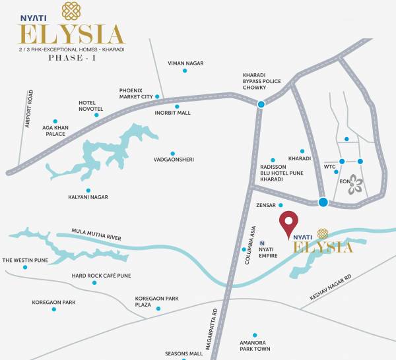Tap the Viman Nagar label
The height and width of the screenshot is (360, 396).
(x=185, y=63)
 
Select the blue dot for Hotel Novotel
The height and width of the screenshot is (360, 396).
(x=96, y=115)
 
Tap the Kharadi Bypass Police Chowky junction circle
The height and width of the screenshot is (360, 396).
(x=261, y=104)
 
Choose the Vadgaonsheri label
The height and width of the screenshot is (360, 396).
(x=173, y=160)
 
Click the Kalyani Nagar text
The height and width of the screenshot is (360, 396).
(x=88, y=197)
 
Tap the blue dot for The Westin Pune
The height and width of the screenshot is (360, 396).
(x=25, y=267)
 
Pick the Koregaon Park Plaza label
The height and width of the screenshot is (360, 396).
(x=157, y=302)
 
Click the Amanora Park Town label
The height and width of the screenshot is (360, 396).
(x=254, y=345)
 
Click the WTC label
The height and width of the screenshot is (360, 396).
(x=330, y=166)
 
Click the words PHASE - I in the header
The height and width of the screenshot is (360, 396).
(x=70, y=58)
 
